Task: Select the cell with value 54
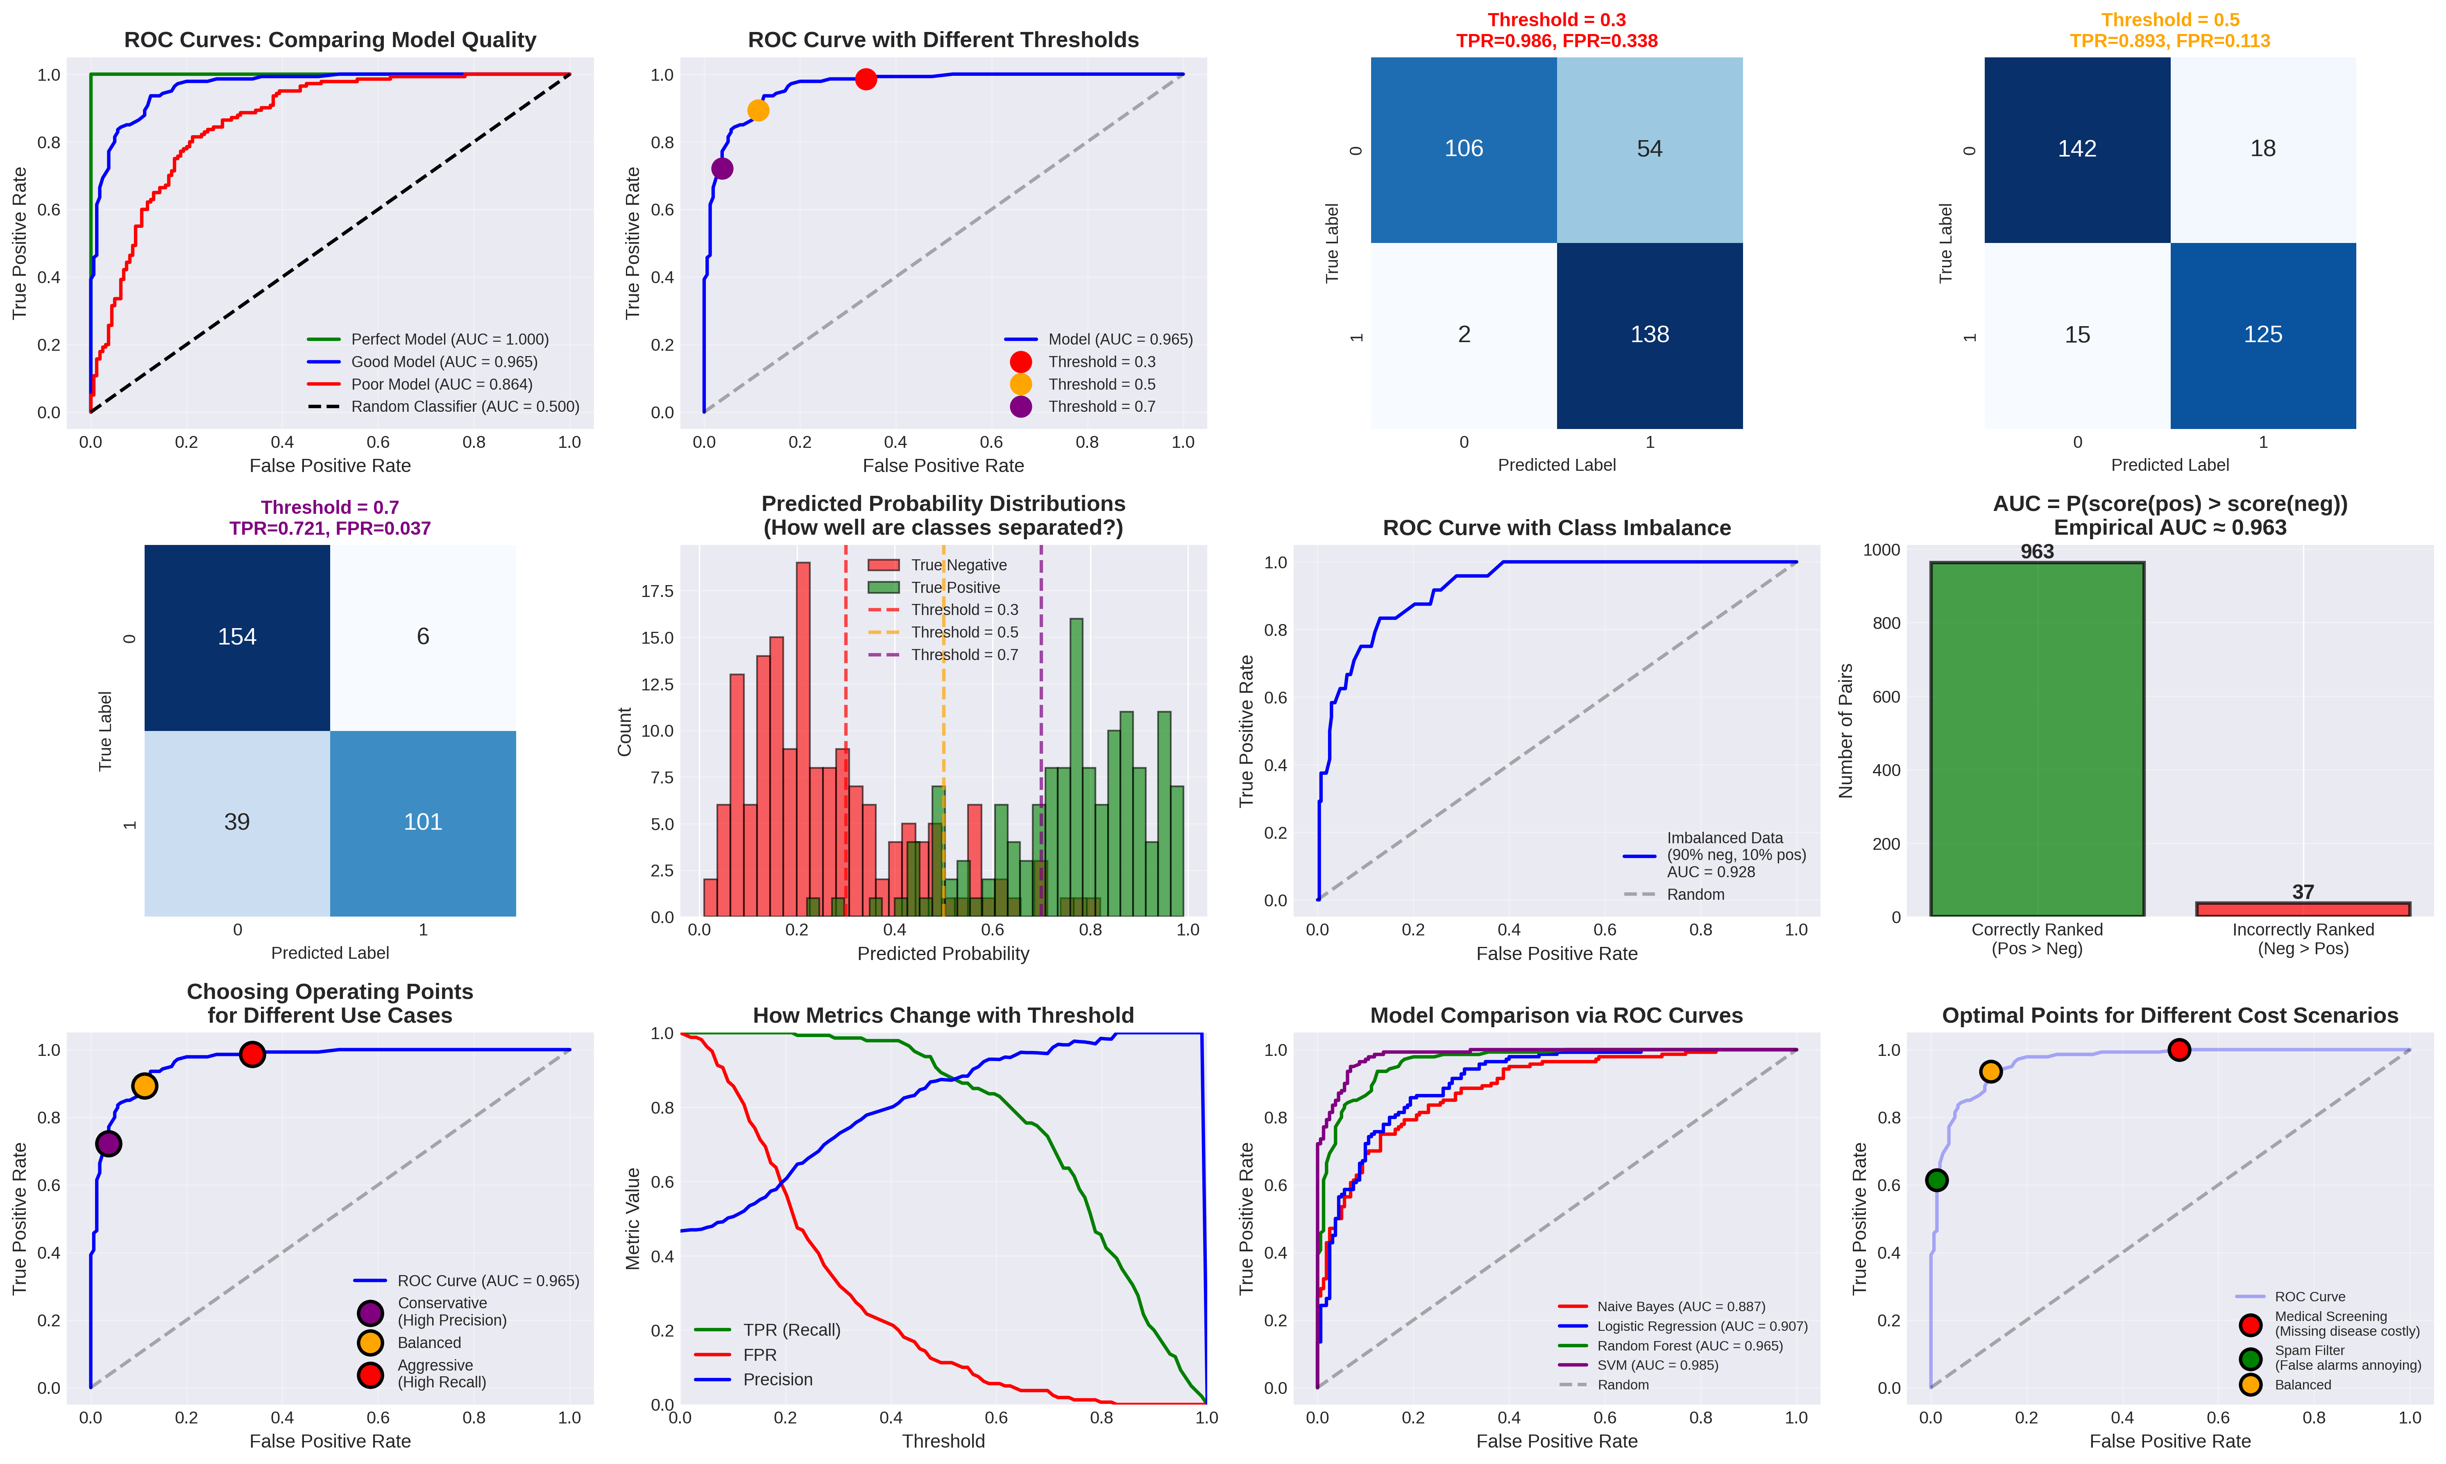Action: (x=1649, y=149)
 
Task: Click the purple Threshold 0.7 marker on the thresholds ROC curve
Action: (x=722, y=169)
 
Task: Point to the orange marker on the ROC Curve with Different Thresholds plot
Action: (x=757, y=111)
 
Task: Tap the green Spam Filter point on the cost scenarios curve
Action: (x=1936, y=1180)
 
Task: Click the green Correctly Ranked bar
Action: (x=2037, y=740)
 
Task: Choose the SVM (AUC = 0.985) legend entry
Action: (x=1657, y=1365)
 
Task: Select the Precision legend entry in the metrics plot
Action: (x=777, y=1379)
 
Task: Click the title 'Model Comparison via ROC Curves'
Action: (x=1556, y=1015)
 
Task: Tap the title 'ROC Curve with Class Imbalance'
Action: (x=1556, y=528)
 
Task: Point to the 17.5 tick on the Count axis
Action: (x=658, y=591)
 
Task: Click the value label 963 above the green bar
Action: (x=2037, y=552)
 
